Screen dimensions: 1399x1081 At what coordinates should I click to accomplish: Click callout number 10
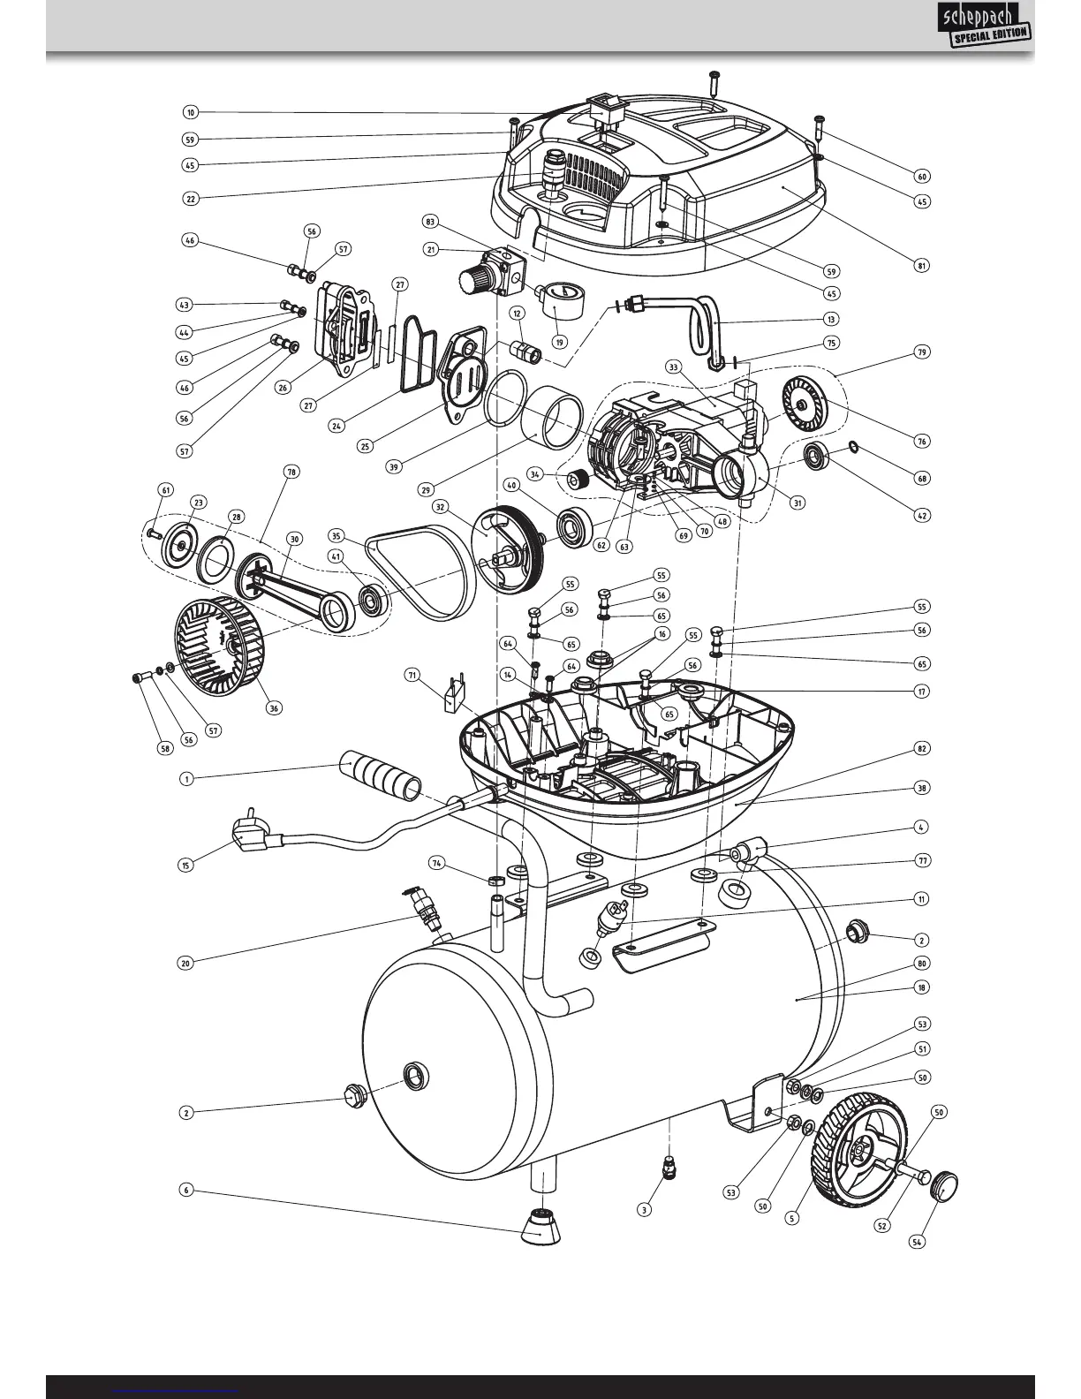(x=191, y=112)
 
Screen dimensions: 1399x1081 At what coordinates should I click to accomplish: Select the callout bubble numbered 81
(x=922, y=265)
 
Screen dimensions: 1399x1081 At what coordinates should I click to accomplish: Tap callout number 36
(x=275, y=707)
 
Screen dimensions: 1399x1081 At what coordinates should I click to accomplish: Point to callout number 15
(x=185, y=865)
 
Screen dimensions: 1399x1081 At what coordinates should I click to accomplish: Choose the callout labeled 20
(x=185, y=963)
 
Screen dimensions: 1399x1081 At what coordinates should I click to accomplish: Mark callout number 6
(x=185, y=1190)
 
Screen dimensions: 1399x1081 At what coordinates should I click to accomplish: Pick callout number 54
(x=918, y=1242)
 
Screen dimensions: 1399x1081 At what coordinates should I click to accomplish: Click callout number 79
(x=922, y=352)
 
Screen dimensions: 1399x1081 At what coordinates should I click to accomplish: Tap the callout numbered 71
(x=412, y=675)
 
